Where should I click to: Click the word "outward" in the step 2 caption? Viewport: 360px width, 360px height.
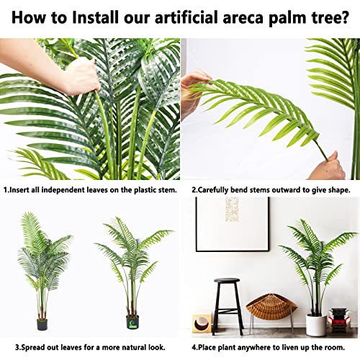(293, 190)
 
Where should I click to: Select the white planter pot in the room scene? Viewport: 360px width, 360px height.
(316, 325)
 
